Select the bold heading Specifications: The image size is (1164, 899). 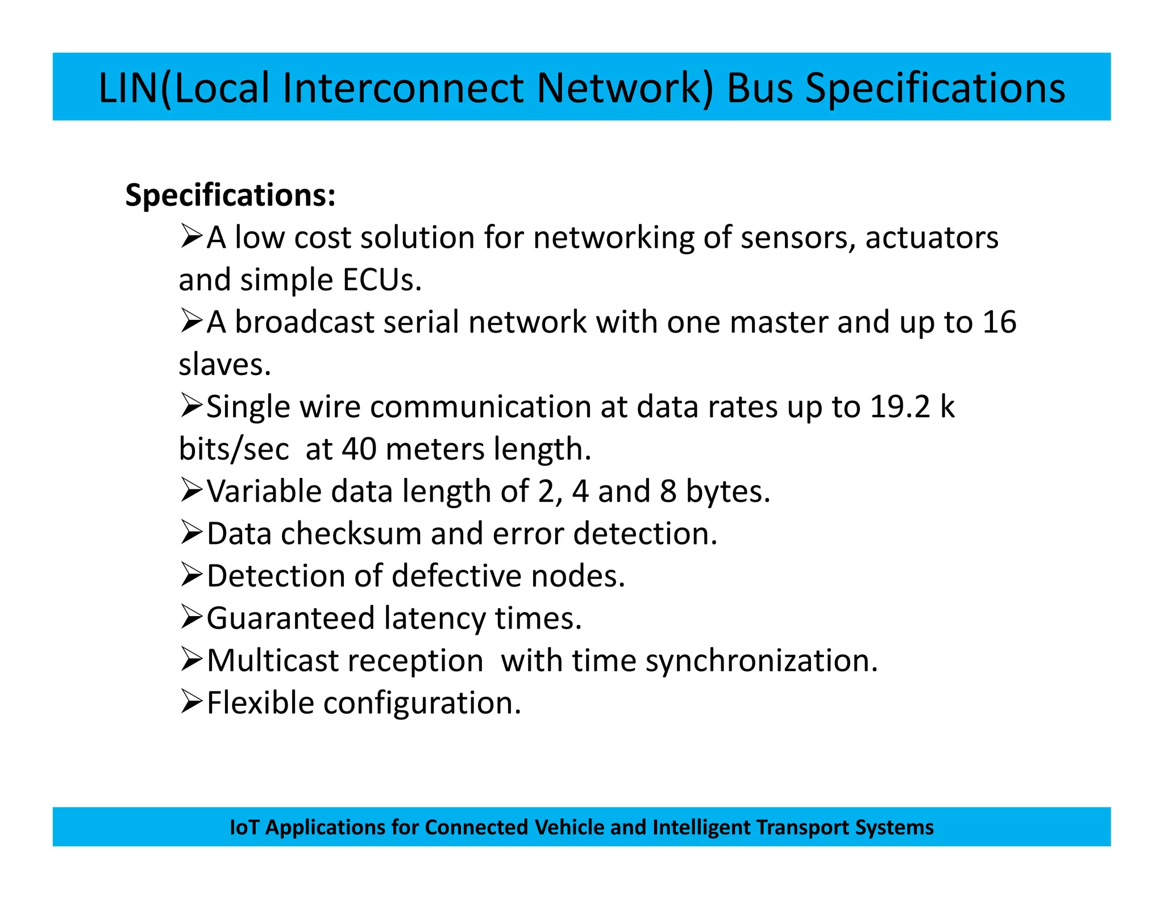click(230, 195)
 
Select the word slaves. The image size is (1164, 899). click(225, 365)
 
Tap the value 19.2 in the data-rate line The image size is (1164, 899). click(900, 407)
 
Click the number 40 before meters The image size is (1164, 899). click(359, 449)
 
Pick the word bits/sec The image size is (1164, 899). click(234, 449)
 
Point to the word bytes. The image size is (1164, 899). click(727, 491)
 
